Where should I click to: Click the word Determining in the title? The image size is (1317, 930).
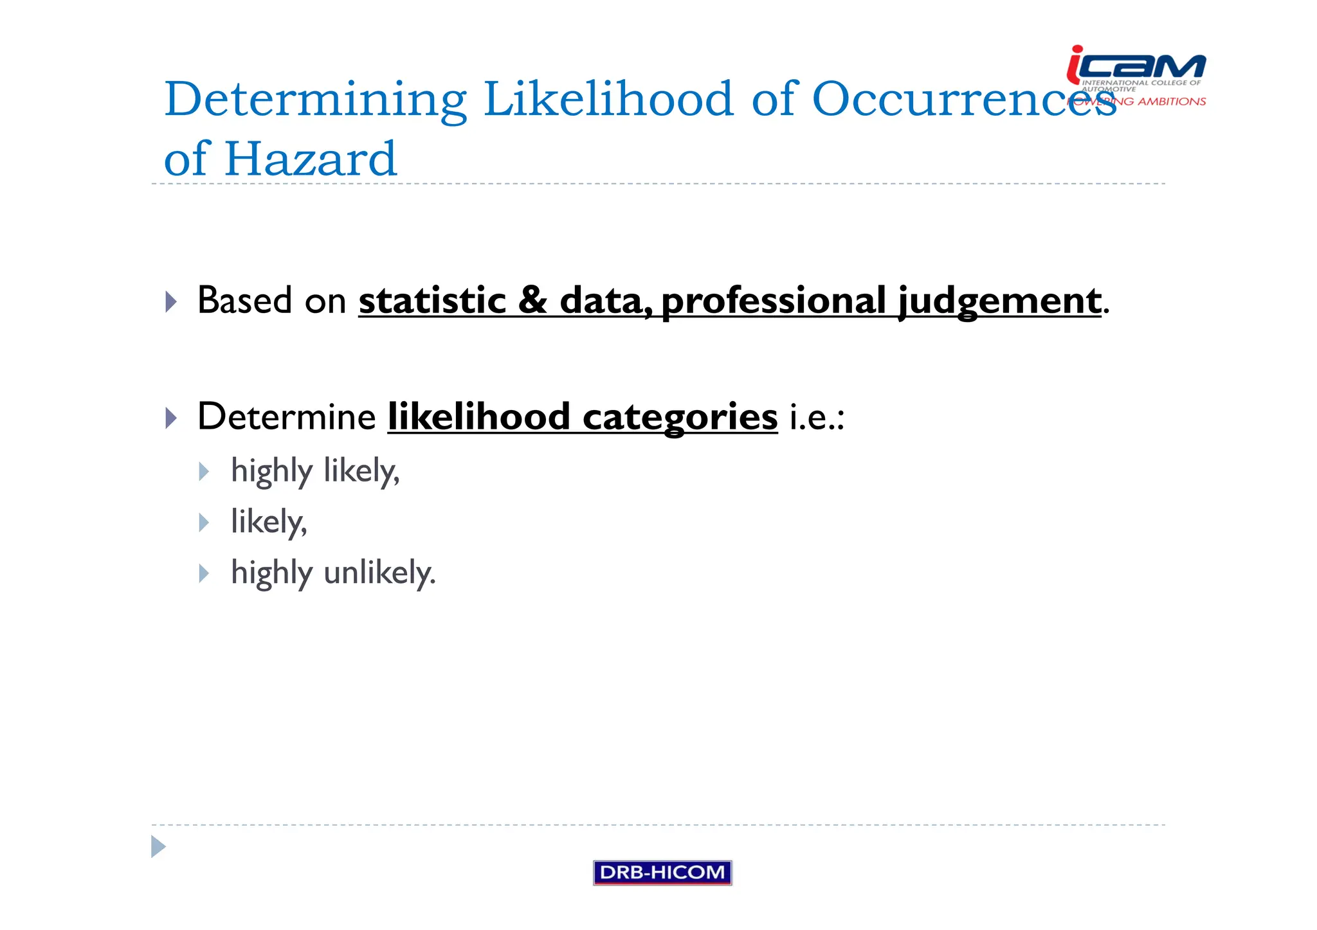(315, 100)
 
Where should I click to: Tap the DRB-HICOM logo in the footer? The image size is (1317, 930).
(662, 872)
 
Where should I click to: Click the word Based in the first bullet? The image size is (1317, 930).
(244, 300)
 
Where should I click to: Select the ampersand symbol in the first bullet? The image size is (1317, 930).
(532, 300)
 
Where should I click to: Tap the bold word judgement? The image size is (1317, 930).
(999, 301)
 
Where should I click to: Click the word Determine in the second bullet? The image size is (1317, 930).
(287, 416)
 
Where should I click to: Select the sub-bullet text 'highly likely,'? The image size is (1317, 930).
(315, 471)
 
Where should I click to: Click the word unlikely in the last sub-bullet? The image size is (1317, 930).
(379, 573)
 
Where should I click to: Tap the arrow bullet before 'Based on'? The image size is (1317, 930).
(171, 301)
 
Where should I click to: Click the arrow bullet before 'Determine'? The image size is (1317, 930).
(171, 418)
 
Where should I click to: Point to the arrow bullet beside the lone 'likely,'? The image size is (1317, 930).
(204, 522)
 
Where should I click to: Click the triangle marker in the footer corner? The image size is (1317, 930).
(158, 846)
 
